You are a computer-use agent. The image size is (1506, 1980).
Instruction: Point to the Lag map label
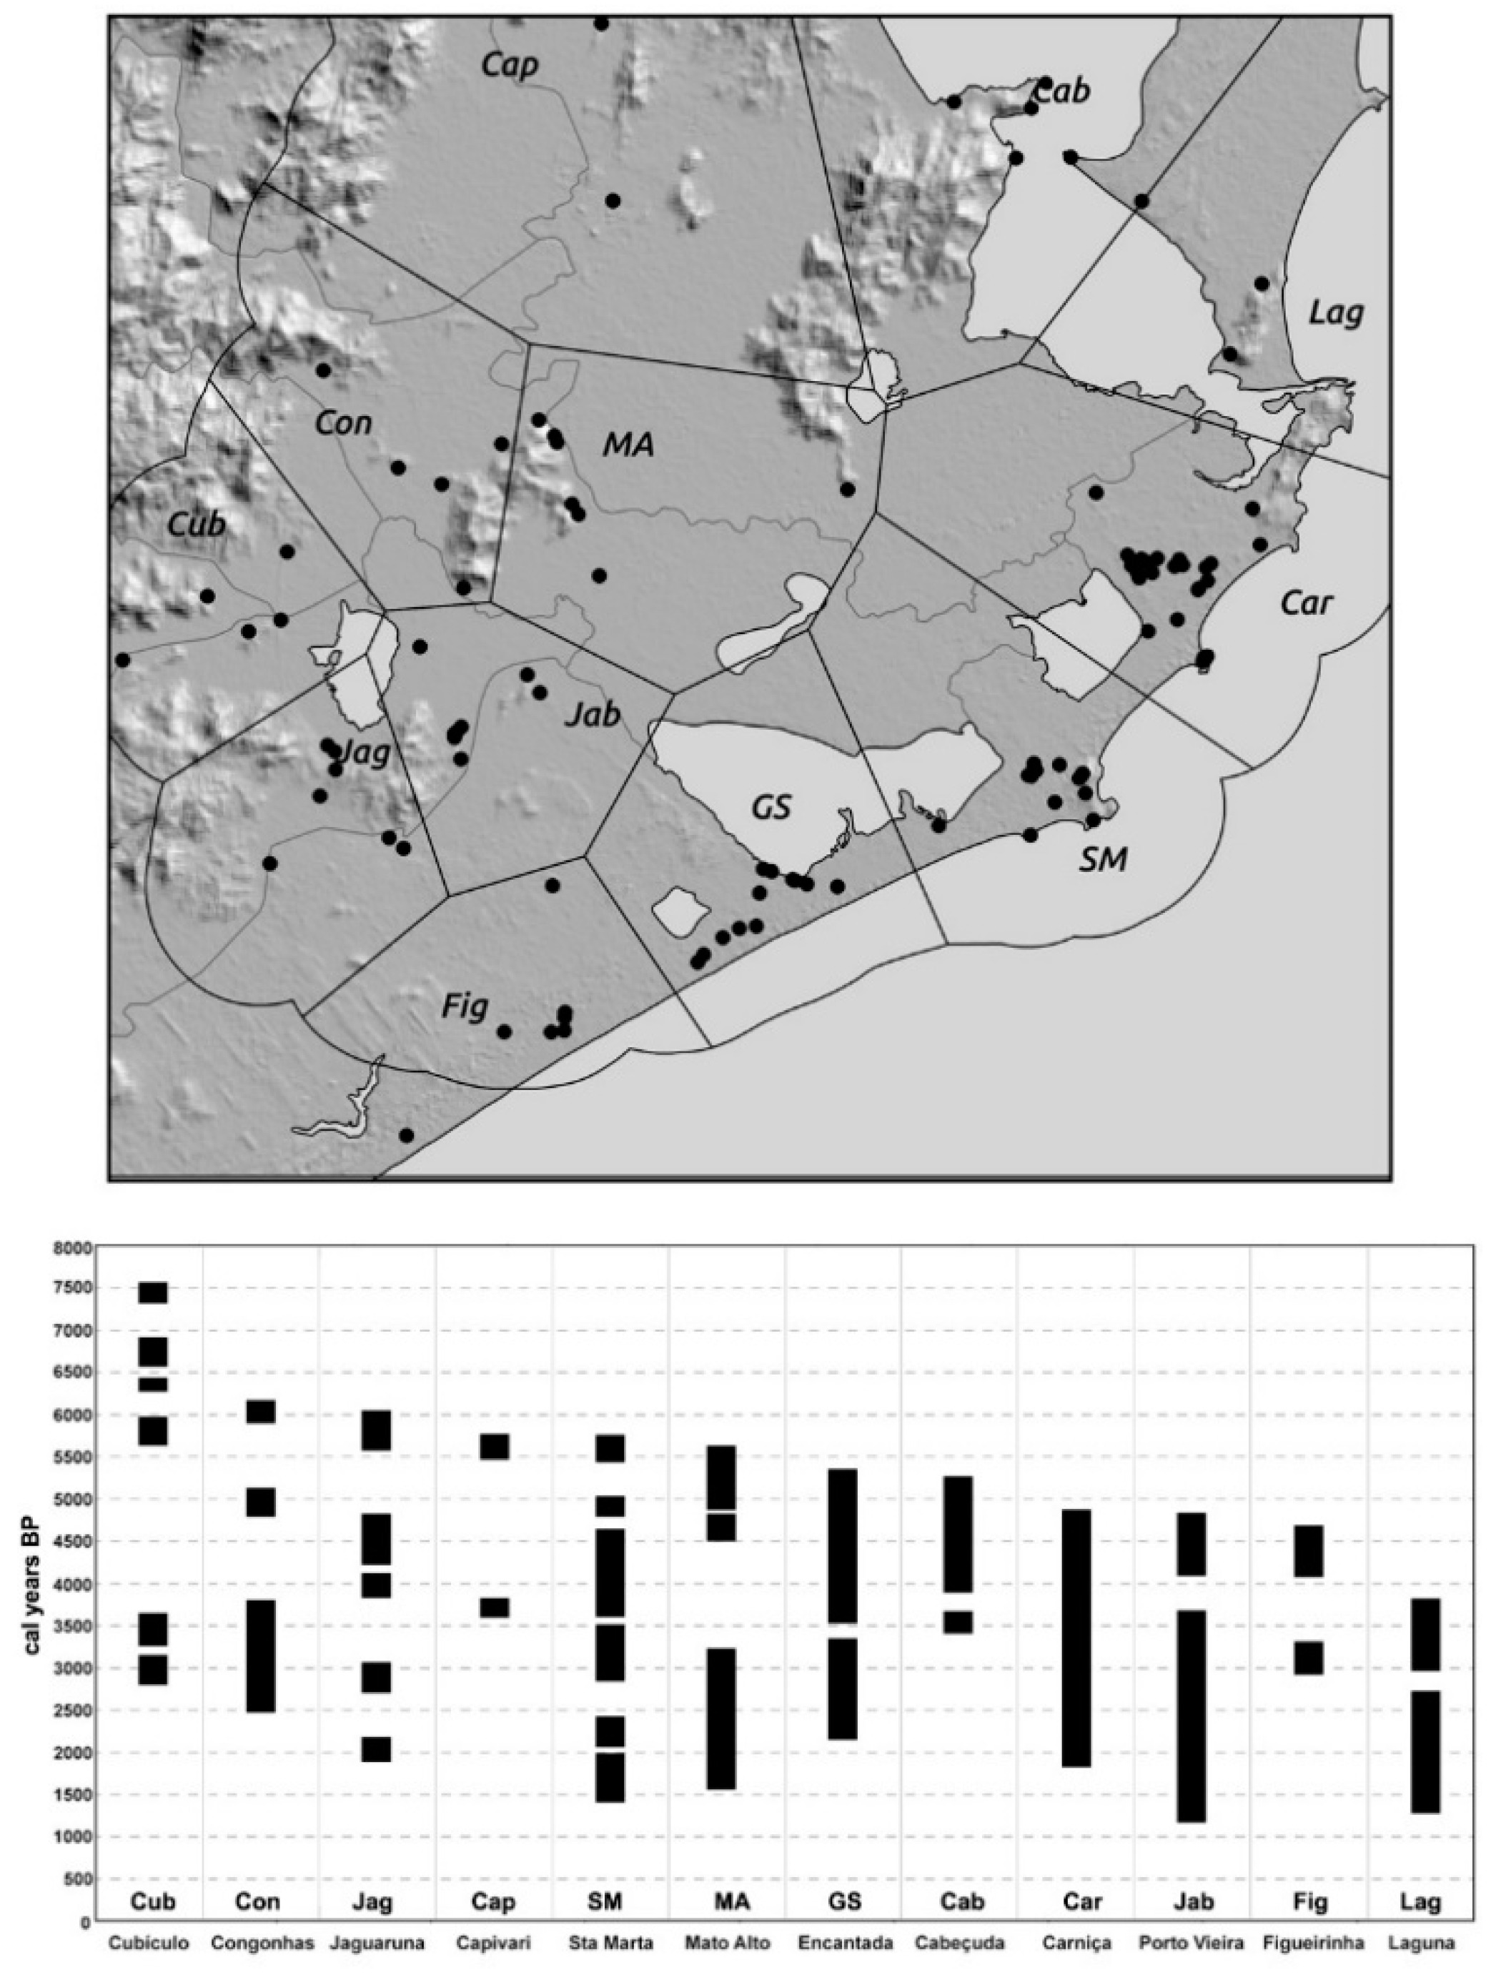(x=1336, y=313)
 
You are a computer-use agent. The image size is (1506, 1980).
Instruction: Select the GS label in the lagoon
(x=771, y=808)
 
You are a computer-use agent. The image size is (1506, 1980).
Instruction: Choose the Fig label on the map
(x=465, y=1007)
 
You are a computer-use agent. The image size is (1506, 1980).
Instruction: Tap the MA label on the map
(x=628, y=445)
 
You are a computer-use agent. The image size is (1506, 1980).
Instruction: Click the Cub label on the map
(x=197, y=525)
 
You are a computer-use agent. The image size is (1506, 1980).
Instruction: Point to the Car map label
(x=1306, y=603)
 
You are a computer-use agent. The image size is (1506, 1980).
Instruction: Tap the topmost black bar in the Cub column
(x=152, y=1292)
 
